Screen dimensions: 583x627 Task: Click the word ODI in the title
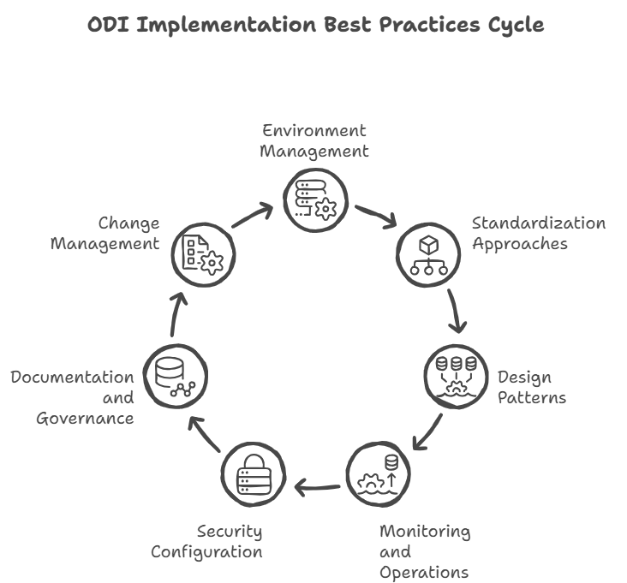(x=109, y=25)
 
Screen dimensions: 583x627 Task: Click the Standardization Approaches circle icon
(x=429, y=254)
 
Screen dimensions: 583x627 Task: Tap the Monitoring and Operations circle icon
(x=379, y=473)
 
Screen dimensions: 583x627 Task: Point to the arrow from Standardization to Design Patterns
(x=457, y=312)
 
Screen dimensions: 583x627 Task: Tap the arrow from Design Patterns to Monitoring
(x=427, y=433)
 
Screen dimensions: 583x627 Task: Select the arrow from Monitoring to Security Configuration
(x=317, y=488)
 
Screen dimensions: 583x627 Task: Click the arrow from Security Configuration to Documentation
(x=206, y=434)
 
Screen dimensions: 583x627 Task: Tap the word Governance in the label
(x=85, y=419)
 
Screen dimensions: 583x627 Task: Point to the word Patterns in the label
(x=532, y=398)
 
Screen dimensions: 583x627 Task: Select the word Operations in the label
(x=423, y=572)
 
